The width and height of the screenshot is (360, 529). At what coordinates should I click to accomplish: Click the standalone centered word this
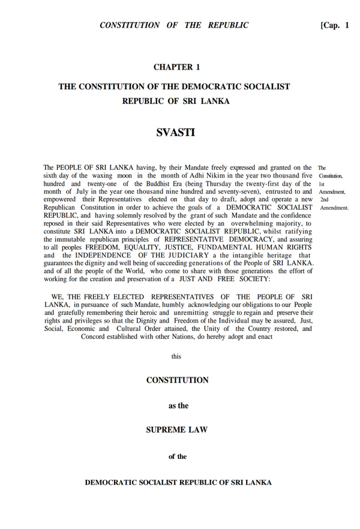coord(176,356)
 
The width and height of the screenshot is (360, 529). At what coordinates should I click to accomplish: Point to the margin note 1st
coord(322,183)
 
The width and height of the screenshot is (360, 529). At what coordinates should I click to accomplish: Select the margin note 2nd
coord(324,199)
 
